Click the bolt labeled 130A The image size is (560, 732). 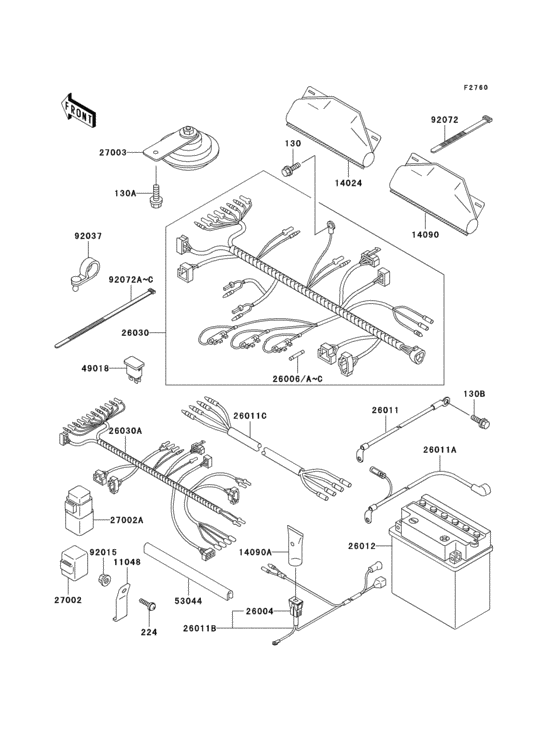[158, 197]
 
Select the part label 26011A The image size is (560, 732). [468, 450]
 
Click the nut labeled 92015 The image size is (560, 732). [104, 578]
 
